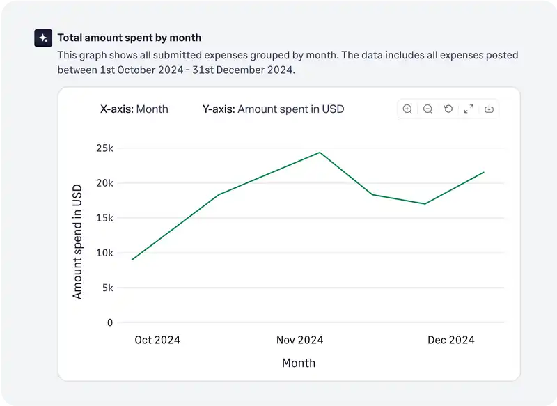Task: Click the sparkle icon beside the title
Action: (x=43, y=38)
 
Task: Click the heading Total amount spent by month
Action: (x=129, y=38)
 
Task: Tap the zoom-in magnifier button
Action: (x=407, y=109)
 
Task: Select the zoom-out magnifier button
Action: (x=427, y=109)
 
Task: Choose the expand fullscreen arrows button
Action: (x=469, y=109)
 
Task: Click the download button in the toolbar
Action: (x=489, y=109)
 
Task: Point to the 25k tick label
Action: (x=104, y=148)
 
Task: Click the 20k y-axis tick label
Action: (x=104, y=183)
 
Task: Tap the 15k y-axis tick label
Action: (x=104, y=218)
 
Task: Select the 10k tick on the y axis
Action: (x=104, y=253)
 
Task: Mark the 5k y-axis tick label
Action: (x=107, y=288)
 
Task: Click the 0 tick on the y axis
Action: (x=110, y=322)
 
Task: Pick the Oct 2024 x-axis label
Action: (x=157, y=340)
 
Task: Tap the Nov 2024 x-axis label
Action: (x=299, y=340)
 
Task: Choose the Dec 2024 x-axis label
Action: (x=450, y=340)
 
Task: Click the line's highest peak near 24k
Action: (x=320, y=152)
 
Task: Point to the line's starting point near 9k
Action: (x=132, y=260)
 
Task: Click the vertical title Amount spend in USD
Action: (x=77, y=241)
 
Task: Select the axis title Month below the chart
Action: (x=299, y=363)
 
